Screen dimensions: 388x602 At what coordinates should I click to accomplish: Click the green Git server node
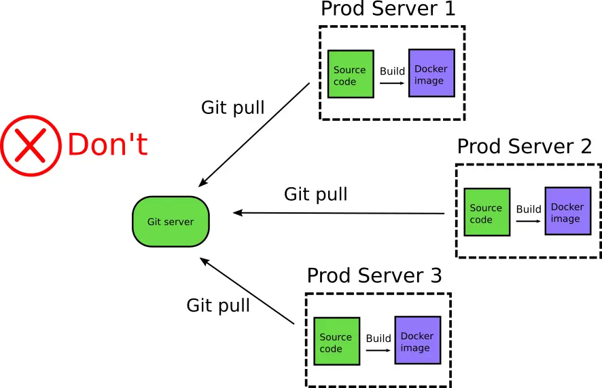171,222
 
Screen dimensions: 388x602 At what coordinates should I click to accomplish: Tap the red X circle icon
31,146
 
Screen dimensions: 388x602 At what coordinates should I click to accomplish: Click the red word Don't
107,145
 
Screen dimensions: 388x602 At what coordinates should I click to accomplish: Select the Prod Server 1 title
388,9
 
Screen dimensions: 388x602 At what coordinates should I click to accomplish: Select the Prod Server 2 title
524,147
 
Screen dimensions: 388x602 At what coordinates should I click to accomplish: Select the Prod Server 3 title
374,276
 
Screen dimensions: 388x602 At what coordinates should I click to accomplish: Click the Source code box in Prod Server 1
351,74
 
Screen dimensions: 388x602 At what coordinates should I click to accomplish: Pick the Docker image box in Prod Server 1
431,73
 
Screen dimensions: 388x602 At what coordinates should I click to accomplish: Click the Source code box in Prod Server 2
486,212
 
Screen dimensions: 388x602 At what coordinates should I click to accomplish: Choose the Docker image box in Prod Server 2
568,212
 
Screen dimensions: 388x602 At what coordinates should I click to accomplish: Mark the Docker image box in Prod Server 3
417,341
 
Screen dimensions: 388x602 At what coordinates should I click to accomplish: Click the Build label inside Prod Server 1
392,71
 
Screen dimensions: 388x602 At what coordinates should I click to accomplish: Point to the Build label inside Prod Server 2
528,209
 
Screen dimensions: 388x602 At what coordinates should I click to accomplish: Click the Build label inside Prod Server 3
378,338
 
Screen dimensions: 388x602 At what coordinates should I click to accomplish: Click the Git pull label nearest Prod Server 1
233,108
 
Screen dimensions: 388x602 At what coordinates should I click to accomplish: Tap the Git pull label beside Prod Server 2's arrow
315,195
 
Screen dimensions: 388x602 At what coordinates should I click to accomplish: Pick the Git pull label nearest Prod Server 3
218,305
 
